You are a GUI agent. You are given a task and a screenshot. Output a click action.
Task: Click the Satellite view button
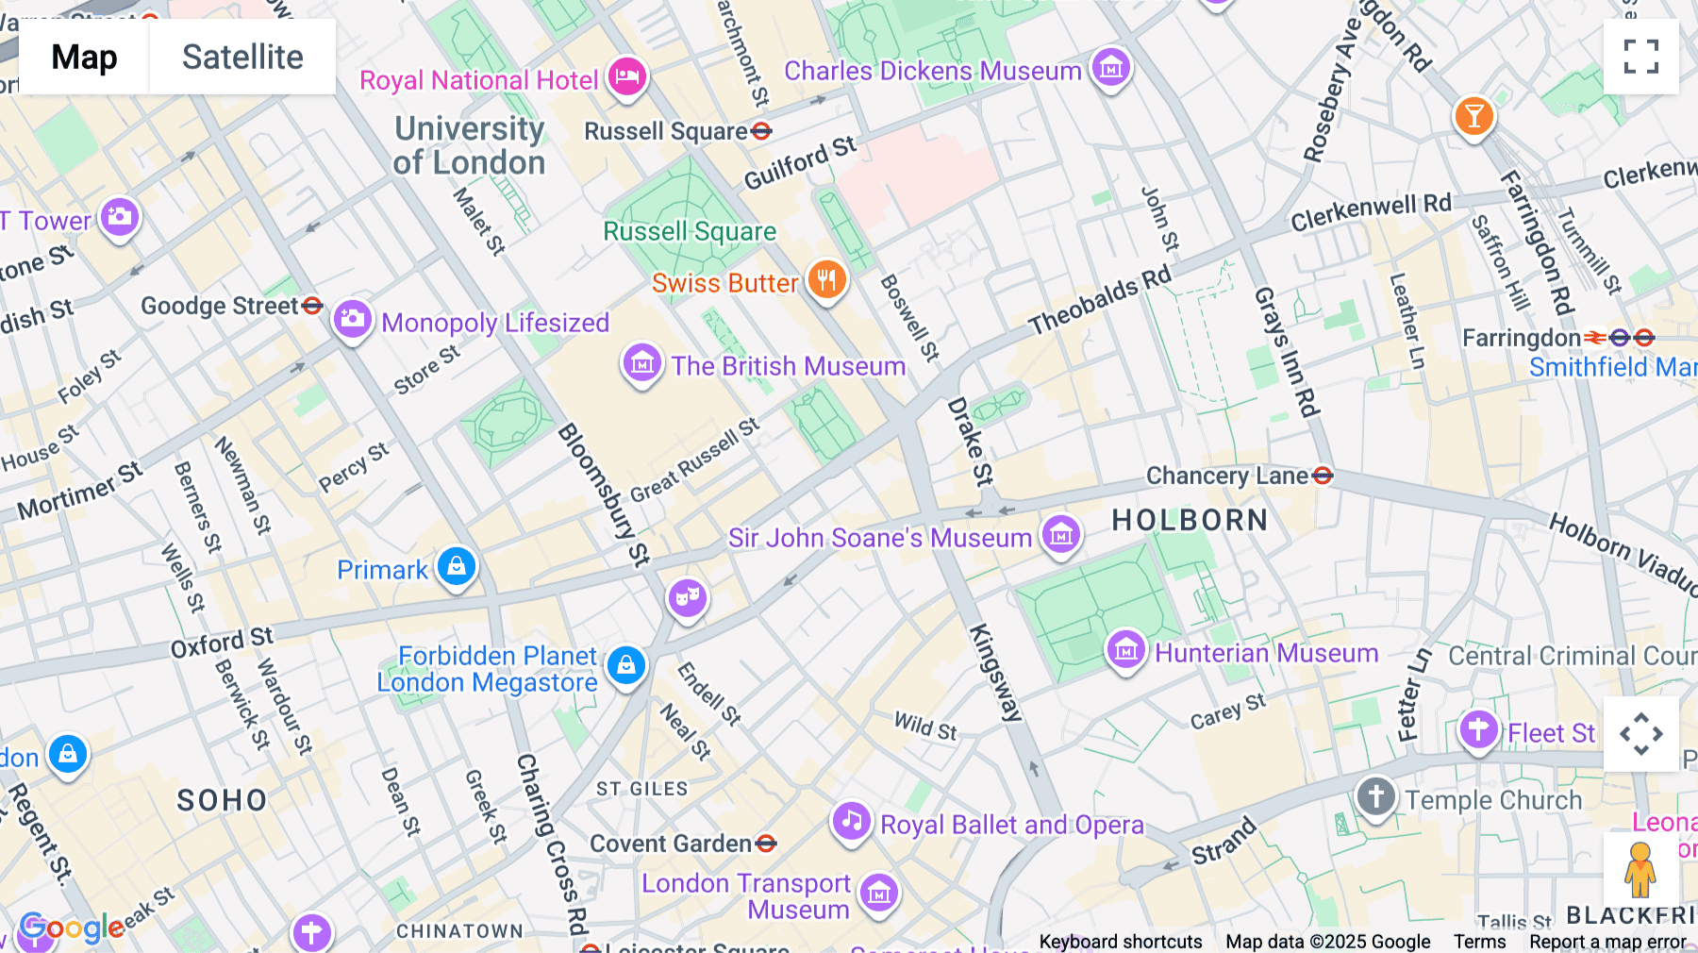coord(242,57)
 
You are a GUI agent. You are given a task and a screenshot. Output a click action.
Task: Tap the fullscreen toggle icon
coord(1640,57)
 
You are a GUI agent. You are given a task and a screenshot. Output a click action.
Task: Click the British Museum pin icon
coord(641,363)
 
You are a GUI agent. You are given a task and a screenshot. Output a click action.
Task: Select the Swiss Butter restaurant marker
coord(826,280)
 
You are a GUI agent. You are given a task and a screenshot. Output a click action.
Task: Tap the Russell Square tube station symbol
coord(761,131)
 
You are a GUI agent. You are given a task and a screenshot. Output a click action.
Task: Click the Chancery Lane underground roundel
coord(1323,476)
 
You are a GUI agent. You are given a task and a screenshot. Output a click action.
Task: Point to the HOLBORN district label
coord(1190,520)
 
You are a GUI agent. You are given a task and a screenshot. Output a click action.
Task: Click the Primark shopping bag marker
coord(457,567)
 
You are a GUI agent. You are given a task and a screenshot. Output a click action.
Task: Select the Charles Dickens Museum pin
coord(1110,68)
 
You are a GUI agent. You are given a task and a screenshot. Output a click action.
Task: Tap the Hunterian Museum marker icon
coord(1125,650)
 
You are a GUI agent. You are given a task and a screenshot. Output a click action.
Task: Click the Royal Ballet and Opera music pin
coord(851,821)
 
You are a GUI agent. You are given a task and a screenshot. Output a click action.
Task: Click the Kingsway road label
coord(995,672)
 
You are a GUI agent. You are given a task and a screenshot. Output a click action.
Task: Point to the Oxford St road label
coord(222,643)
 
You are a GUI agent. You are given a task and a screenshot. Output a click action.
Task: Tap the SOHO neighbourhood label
coord(223,800)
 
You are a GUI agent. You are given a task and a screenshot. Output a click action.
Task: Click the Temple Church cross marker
coord(1375,796)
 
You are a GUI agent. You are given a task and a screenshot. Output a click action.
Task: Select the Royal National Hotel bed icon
coord(626,76)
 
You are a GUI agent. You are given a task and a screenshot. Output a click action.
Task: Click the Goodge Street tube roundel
coord(312,306)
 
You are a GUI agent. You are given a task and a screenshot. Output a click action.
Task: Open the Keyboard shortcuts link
coord(1120,941)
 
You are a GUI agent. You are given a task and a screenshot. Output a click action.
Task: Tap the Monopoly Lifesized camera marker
coord(353,320)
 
